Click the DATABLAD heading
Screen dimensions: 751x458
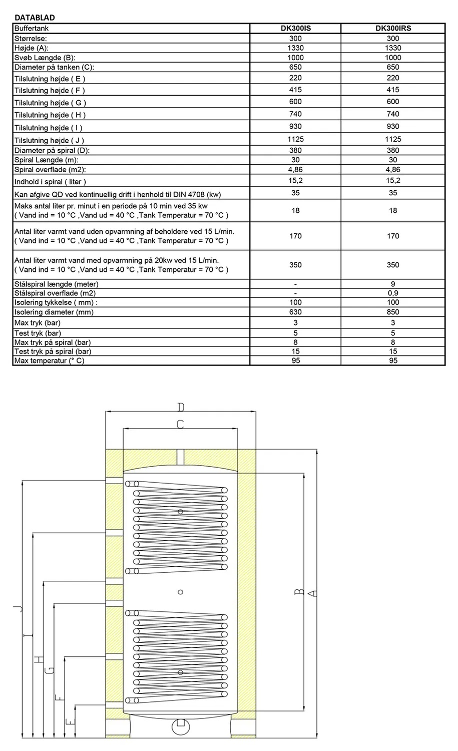tap(35, 18)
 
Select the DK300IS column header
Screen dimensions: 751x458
tap(295, 29)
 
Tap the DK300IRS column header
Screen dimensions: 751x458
tap(393, 29)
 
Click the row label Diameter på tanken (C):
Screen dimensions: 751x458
tap(54, 67)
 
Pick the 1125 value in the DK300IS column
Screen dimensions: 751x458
tap(295, 139)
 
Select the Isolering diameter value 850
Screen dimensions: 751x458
tap(393, 312)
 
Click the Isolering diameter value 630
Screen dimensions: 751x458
tap(295, 312)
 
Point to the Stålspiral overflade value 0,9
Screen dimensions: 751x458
tap(393, 293)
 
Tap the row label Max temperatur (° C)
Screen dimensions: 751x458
tap(49, 360)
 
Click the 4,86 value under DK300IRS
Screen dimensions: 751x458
tap(393, 170)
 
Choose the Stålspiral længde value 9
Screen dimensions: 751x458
tap(393, 284)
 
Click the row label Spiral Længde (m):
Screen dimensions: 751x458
tap(47, 160)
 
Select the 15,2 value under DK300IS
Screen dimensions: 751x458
tap(295, 181)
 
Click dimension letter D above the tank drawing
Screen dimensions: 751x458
tap(181, 406)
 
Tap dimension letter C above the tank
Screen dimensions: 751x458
tap(180, 424)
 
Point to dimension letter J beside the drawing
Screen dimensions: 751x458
tap(18, 608)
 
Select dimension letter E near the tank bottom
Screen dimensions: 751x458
tap(70, 721)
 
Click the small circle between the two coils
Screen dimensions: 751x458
tap(181, 592)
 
